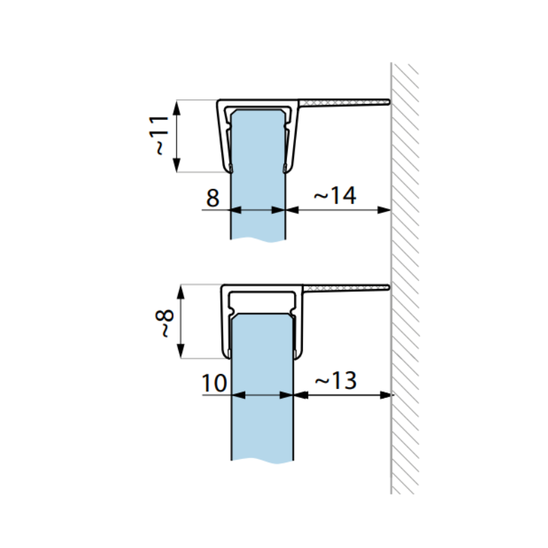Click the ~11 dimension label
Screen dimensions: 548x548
(x=160, y=135)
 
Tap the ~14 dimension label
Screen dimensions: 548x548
(x=335, y=195)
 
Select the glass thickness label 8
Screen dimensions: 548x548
(x=213, y=198)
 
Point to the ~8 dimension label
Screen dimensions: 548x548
(x=164, y=323)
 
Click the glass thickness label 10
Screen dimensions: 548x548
(x=214, y=383)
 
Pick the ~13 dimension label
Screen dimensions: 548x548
(x=336, y=380)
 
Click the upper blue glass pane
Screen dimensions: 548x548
(x=258, y=175)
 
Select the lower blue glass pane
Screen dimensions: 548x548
(x=262, y=388)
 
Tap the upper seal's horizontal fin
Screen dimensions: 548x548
(x=345, y=102)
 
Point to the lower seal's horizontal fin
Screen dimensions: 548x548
(x=347, y=287)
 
